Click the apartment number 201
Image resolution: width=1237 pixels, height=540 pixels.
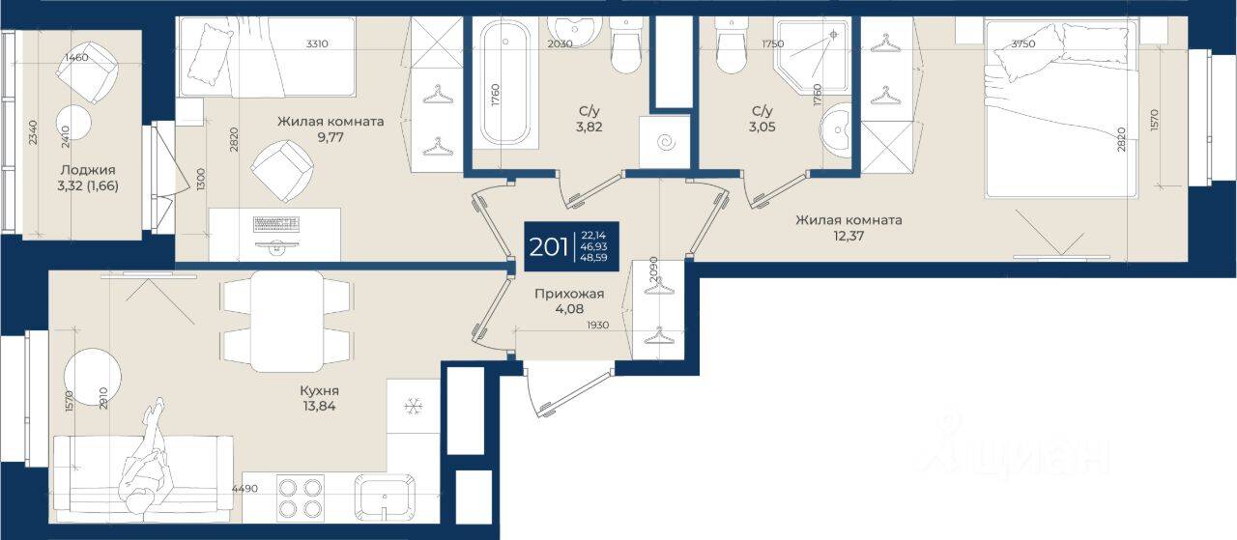[548, 247]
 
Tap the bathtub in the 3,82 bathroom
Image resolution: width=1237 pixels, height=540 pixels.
[504, 83]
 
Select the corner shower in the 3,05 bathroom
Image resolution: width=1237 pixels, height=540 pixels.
[813, 55]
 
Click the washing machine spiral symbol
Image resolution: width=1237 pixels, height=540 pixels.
[666, 142]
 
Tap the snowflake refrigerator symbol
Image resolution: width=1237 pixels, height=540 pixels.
[413, 408]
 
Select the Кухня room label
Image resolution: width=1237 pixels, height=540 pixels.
[319, 390]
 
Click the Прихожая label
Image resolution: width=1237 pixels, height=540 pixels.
[569, 295]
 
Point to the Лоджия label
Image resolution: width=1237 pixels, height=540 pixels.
[88, 170]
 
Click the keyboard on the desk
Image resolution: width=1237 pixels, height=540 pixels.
[276, 224]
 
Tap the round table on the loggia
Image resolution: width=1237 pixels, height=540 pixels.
[73, 123]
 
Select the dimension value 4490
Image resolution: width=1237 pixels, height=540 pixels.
[245, 489]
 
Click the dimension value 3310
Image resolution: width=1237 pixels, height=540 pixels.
[317, 43]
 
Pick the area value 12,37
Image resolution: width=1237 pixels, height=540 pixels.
[849, 236]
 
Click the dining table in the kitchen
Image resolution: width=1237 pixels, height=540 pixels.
[287, 321]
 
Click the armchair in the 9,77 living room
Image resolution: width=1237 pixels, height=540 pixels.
[281, 171]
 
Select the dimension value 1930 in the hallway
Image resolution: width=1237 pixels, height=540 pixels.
[597, 326]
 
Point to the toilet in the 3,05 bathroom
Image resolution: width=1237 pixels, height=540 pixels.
[732, 47]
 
